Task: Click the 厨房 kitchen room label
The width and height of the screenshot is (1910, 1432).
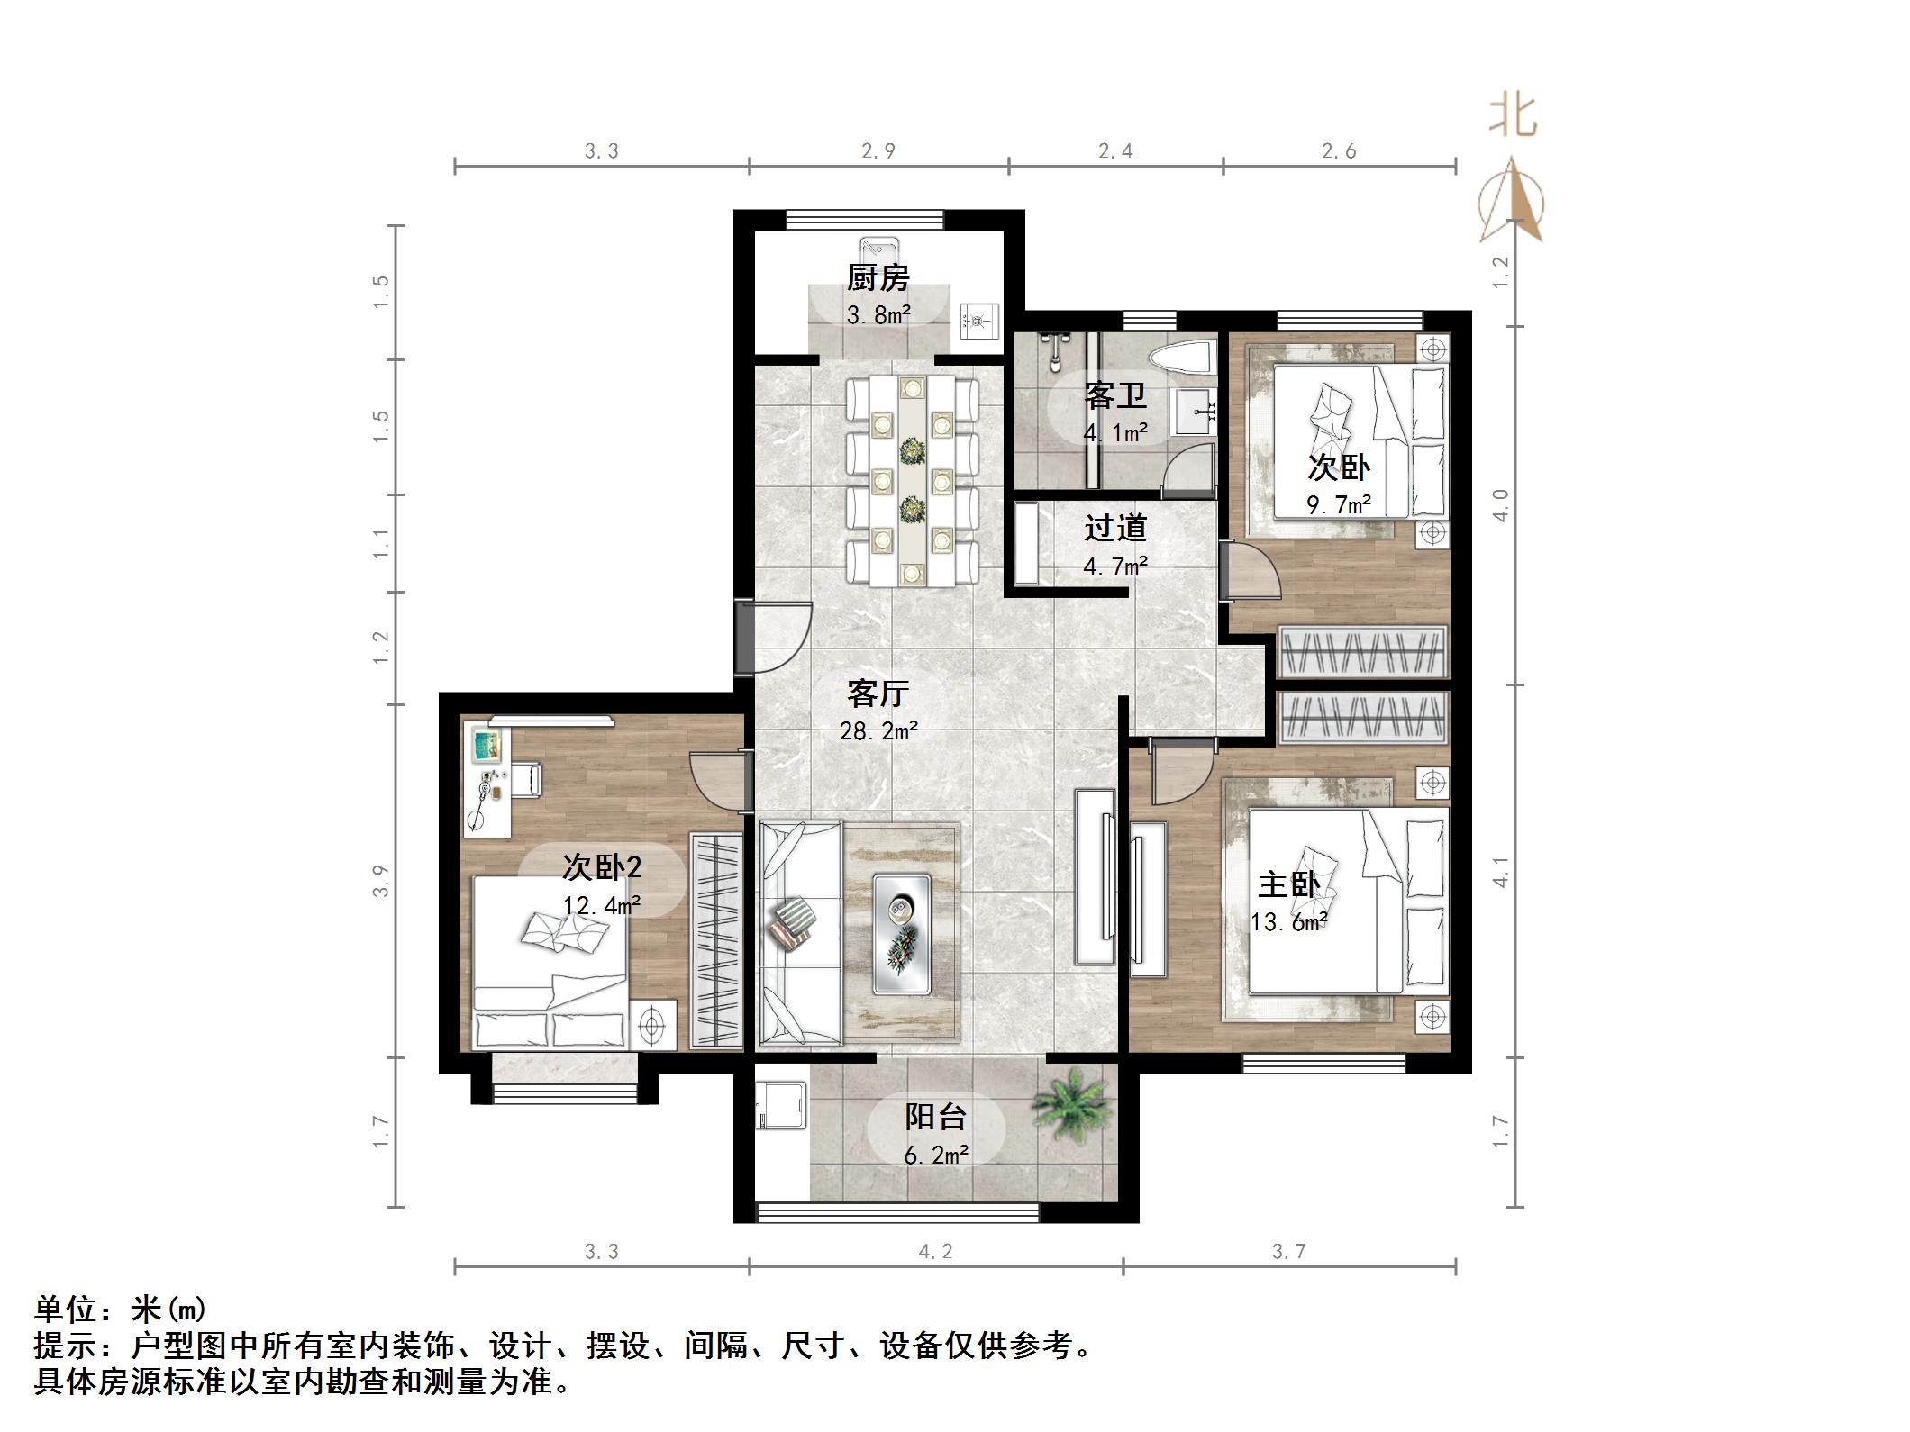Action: coord(878,277)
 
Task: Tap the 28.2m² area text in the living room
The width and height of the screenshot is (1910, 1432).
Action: coord(878,731)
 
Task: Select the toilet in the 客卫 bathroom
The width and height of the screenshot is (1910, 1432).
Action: coord(1181,359)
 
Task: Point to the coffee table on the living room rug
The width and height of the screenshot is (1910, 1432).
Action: coord(901,935)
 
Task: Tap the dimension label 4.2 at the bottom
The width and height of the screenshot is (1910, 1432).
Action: coord(935,1251)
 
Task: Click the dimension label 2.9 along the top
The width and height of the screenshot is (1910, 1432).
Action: coord(878,151)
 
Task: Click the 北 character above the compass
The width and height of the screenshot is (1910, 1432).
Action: coord(1512,117)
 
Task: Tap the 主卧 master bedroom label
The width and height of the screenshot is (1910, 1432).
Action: coord(1288,884)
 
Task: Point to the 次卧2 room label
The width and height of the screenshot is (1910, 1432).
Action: coord(602,866)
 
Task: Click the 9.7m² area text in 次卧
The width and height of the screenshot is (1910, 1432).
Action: coord(1339,504)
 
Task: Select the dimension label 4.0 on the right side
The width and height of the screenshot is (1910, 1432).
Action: coord(1500,504)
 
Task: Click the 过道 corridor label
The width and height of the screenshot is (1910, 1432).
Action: coord(1114,528)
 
